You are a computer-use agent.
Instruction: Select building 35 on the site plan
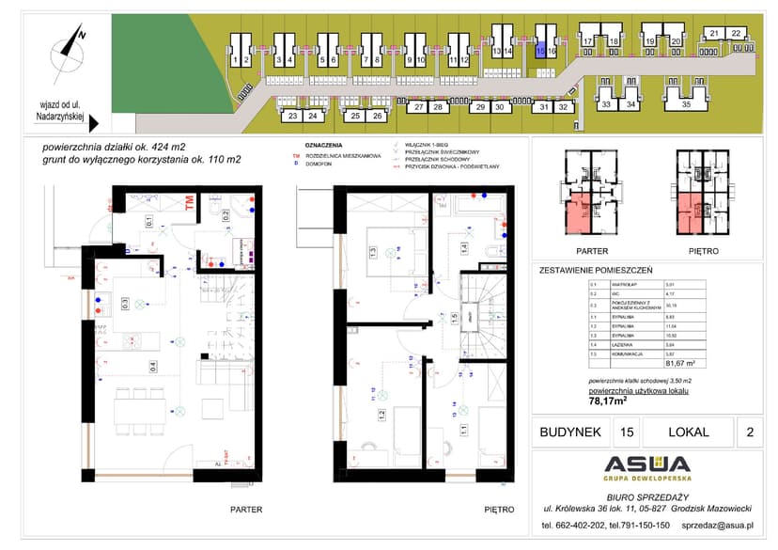pyautogui.click(x=686, y=104)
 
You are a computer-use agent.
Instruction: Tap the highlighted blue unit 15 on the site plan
pyautogui.click(x=540, y=52)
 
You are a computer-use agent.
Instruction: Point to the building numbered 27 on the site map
pyautogui.click(x=418, y=107)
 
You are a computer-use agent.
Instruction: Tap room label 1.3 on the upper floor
pyautogui.click(x=372, y=251)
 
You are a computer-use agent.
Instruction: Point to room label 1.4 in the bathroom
pyautogui.click(x=463, y=249)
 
